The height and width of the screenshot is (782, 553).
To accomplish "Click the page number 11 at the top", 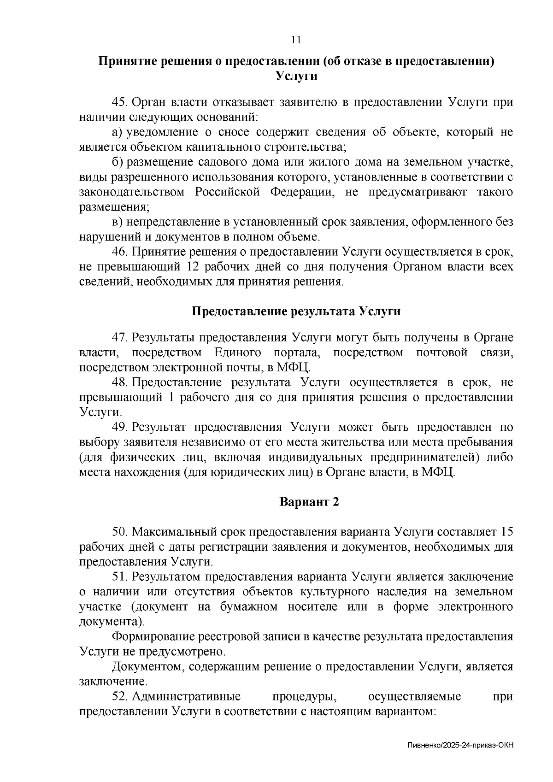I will point(296,40).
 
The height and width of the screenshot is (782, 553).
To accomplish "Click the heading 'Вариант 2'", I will point(309,502).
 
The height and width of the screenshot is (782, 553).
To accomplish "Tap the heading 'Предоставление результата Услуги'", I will point(296,312).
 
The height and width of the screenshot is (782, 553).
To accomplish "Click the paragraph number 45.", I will point(120,102).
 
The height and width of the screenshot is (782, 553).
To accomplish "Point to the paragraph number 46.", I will point(120,252).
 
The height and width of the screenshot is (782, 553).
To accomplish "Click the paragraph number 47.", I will point(120,338).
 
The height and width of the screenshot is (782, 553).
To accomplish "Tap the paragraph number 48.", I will point(120,382).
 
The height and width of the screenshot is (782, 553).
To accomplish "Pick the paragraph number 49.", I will point(120,427).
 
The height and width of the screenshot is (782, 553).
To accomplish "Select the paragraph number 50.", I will point(120,532).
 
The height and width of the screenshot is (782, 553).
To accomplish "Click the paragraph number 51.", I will point(120,577).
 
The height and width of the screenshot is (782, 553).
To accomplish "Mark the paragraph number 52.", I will point(120,696).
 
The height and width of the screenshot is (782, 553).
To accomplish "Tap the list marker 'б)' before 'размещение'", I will point(117,162).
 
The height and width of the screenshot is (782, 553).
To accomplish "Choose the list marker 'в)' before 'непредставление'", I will point(117,222).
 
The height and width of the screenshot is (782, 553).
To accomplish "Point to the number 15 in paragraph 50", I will point(506,532).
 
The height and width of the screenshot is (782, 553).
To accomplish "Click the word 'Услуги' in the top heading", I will point(296,76).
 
